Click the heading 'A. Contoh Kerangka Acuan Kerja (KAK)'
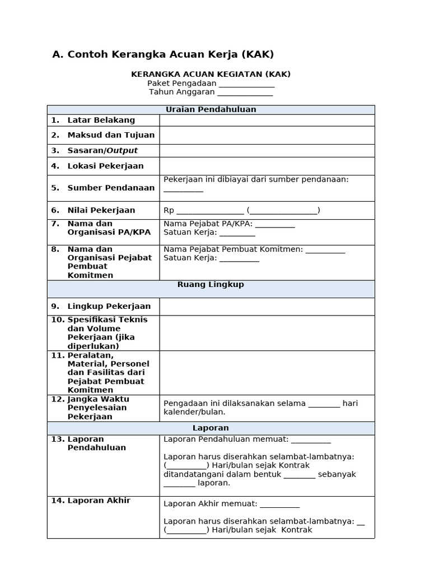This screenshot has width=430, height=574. pyautogui.click(x=163, y=54)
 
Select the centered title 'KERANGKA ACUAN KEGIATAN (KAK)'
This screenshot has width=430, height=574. pyautogui.click(x=211, y=74)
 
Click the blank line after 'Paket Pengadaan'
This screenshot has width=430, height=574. pyautogui.click(x=246, y=84)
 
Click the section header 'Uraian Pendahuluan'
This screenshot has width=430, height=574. pyautogui.click(x=211, y=109)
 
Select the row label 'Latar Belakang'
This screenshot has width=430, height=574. pyautogui.click(x=101, y=120)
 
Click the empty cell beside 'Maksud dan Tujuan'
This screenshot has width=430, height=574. pyautogui.click(x=267, y=135)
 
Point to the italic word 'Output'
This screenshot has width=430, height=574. pyautogui.click(x=122, y=150)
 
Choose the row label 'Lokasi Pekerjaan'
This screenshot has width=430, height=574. pyautogui.click(x=105, y=166)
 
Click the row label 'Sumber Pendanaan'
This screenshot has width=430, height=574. pyautogui.click(x=111, y=188)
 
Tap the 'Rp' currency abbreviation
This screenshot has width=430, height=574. pyautogui.click(x=169, y=210)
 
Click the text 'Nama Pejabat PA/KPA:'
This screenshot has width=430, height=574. pyautogui.click(x=208, y=224)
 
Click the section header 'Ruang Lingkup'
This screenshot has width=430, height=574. pyautogui.click(x=211, y=285)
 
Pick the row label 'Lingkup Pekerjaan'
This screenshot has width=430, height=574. pyautogui.click(x=109, y=306)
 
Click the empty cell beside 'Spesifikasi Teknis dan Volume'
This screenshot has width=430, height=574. pyautogui.click(x=267, y=333)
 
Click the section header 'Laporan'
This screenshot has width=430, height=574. pyautogui.click(x=211, y=428)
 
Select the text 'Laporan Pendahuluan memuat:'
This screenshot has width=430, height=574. pyautogui.click(x=226, y=439)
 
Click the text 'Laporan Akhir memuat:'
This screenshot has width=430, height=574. pyautogui.click(x=210, y=503)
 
